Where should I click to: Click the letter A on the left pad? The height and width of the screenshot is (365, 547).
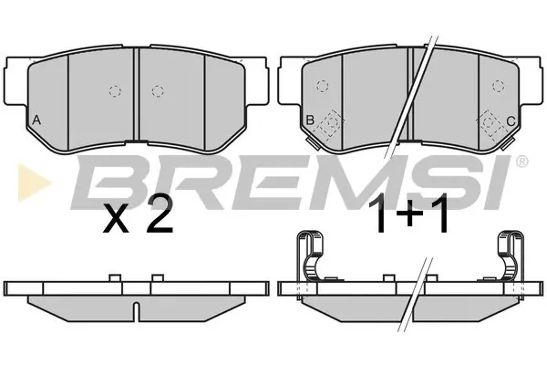coord(36,120)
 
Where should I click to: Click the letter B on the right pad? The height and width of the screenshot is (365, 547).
coord(310,120)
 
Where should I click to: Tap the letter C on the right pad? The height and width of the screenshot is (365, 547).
coord(511,121)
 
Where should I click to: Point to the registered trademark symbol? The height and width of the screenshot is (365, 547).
coord(521,161)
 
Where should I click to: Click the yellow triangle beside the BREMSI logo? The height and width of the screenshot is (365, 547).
coord(33,182)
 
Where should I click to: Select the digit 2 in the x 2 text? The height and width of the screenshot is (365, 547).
coord(160,215)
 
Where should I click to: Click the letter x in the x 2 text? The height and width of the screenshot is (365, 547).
coord(116,220)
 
